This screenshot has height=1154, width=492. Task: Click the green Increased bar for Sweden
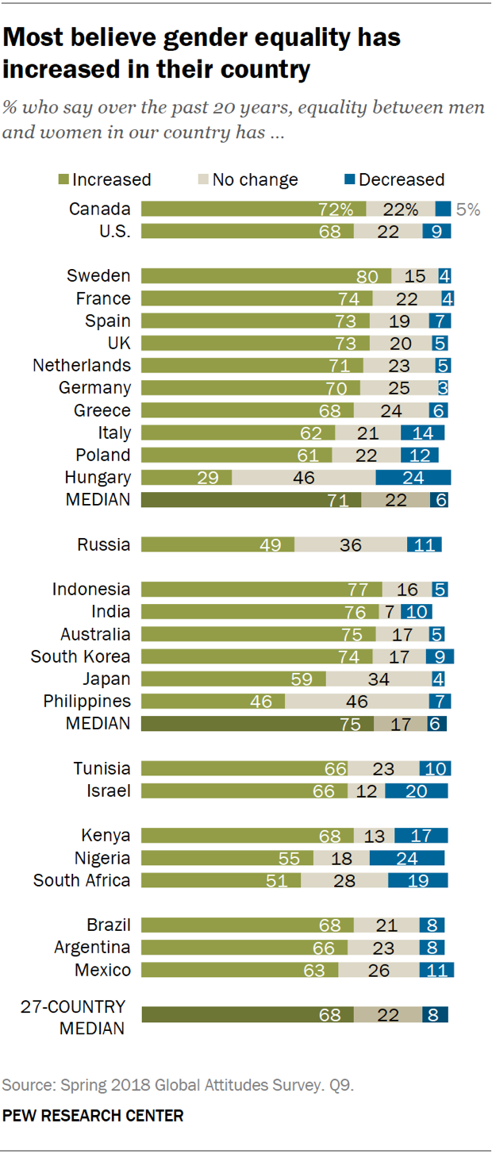266,276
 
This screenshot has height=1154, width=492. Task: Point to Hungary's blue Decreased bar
413,478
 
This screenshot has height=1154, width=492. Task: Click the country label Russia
103,544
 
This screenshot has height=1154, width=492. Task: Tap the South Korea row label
80,656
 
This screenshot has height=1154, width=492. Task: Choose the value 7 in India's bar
390,612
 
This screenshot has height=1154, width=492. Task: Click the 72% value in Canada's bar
336,210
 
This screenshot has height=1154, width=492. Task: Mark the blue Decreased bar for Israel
417,790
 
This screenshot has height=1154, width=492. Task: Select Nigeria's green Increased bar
227,858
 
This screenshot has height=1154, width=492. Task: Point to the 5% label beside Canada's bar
467,210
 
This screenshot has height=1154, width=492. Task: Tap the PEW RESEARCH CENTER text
93,1116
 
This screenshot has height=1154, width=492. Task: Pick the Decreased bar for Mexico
436,970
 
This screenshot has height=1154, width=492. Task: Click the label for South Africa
82,880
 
